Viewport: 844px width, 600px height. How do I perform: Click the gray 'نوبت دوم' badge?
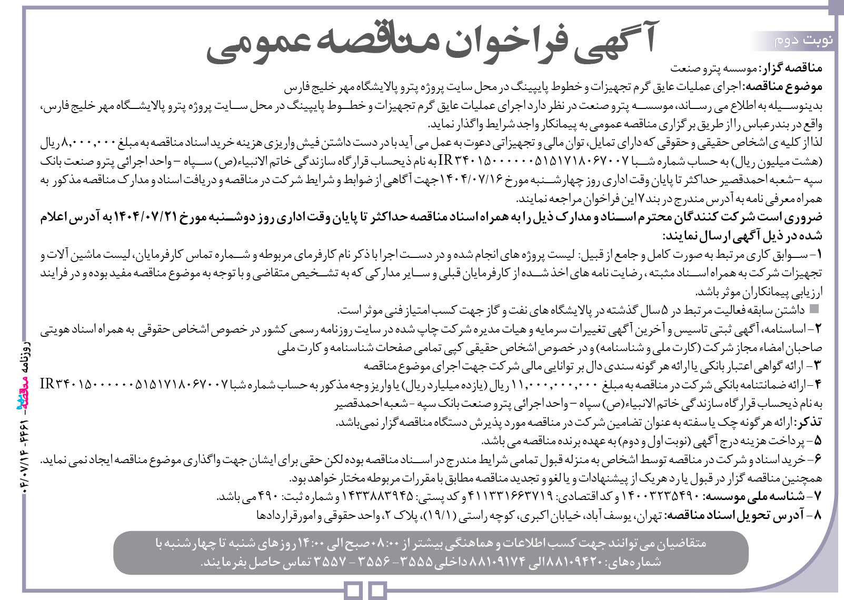(x=795, y=41)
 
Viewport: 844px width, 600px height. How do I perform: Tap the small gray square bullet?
(x=815, y=308)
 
